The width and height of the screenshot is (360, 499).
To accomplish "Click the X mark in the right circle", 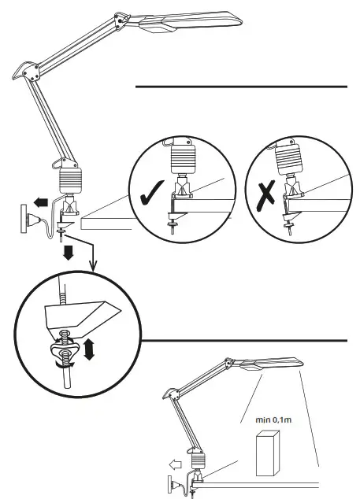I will coord(266,194).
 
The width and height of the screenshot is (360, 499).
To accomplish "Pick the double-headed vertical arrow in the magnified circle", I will coord(88,349).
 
